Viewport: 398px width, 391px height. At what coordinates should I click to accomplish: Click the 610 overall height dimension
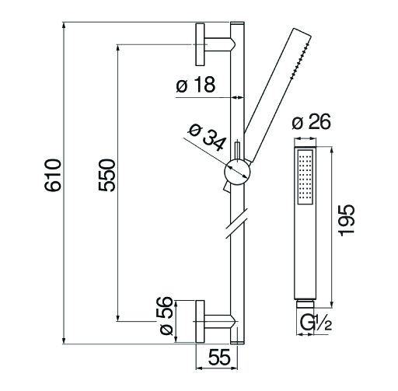point(53,176)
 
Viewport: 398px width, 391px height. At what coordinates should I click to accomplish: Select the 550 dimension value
point(106,175)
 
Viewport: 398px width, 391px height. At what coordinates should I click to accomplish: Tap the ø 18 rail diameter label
point(196,85)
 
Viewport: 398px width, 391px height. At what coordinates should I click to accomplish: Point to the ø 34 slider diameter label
point(208,138)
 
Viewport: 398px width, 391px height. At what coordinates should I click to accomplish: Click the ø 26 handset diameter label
point(311,121)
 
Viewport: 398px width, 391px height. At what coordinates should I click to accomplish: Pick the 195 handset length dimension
point(347,220)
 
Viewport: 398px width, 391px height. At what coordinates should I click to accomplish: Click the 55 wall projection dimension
point(219,357)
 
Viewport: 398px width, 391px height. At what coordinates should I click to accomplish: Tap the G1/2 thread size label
point(316,323)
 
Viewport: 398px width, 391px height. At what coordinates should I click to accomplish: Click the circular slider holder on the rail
point(237,173)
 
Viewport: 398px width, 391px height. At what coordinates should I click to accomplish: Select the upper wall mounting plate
point(200,44)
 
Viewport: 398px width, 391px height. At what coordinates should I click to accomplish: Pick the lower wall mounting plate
point(200,322)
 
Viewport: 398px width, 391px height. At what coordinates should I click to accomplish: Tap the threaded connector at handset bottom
point(305,304)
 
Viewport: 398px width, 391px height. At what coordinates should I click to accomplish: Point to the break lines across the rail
point(237,223)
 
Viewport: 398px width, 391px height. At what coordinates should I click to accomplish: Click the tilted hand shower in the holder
point(278,96)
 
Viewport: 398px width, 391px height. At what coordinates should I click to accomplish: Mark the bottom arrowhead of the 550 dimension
point(118,317)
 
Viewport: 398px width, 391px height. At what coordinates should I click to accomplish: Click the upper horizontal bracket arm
point(220,44)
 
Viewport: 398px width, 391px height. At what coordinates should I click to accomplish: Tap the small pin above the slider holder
point(237,151)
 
